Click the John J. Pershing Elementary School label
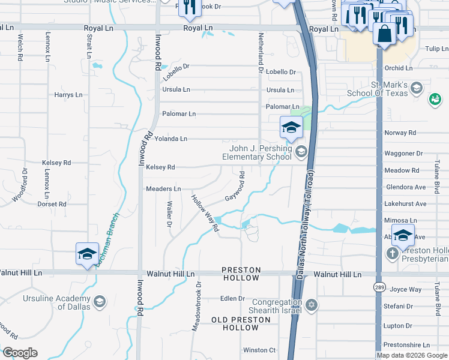(260, 153)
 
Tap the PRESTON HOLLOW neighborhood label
(241, 274)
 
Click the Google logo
(20, 352)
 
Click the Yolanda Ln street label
(171, 139)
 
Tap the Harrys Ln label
(68, 95)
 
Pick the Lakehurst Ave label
(406, 204)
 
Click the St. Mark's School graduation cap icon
(415, 89)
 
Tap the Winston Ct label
(259, 350)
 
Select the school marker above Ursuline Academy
(87, 253)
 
